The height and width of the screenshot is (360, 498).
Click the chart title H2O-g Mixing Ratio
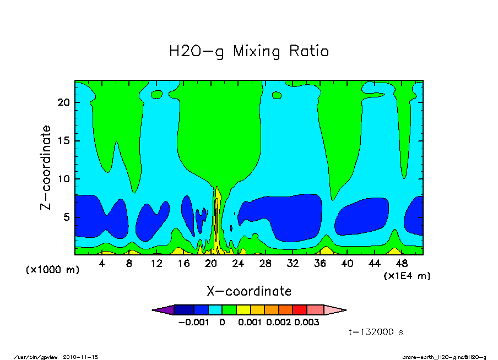pyautogui.click(x=249, y=52)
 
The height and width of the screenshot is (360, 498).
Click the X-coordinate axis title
pyautogui.click(x=249, y=291)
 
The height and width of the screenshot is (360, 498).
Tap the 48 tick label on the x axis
pyautogui.click(x=402, y=264)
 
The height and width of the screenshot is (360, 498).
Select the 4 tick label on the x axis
pyautogui.click(x=102, y=264)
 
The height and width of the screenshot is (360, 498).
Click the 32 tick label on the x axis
pyautogui.click(x=293, y=264)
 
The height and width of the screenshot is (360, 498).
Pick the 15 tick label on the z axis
pyautogui.click(x=63, y=141)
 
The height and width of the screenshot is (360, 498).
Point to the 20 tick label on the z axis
pyautogui.click(x=63, y=102)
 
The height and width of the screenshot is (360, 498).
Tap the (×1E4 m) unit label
pyautogui.click(x=407, y=276)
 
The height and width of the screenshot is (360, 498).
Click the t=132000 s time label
pyautogui.click(x=377, y=332)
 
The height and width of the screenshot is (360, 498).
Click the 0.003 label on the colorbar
pyautogui.click(x=307, y=323)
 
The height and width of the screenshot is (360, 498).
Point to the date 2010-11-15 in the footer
pyautogui.click(x=84, y=357)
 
